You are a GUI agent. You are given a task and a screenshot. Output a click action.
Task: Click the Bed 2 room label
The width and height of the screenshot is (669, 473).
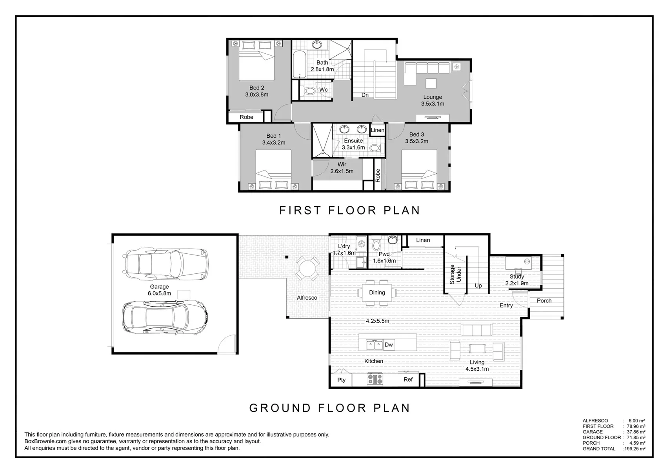pos(256,88)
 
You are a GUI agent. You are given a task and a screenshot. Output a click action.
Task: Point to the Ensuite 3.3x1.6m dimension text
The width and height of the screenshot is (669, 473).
pos(353,147)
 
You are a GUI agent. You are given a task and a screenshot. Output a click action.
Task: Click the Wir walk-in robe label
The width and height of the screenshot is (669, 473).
pos(342,164)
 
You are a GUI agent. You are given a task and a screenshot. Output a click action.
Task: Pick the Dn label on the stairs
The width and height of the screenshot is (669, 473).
pos(365,95)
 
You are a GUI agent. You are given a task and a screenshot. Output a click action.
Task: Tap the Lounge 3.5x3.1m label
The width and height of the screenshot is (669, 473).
pos(433,100)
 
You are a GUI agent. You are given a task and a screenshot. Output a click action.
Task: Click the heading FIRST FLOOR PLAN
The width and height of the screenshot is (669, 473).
pos(350,210)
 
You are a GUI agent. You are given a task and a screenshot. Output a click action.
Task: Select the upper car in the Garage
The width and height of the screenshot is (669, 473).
pos(165,264)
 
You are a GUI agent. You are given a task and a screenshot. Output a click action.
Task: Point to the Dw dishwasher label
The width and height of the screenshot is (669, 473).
pos(389,345)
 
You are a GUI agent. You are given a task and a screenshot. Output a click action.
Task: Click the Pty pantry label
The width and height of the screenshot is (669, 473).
pos(342,380)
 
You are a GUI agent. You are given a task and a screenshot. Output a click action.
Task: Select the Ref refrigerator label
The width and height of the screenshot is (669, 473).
pos(408,380)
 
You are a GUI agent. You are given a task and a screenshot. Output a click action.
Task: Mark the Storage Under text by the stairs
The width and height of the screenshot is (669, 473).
pos(455,274)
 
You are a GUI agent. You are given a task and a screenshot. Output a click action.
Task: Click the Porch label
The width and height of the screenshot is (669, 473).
pos(544,300)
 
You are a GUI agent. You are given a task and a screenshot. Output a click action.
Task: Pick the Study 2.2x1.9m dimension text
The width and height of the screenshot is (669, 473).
pos(517,283)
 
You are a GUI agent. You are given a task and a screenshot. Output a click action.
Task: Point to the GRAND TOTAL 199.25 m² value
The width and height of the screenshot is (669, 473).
pos(634,449)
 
